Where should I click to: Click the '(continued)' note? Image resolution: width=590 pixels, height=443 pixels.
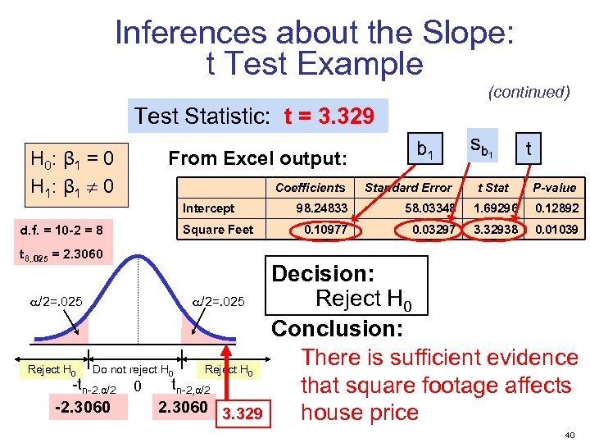click(529, 92)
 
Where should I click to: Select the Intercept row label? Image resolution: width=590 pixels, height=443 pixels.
click(208, 208)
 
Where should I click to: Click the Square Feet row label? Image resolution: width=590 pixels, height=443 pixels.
click(218, 229)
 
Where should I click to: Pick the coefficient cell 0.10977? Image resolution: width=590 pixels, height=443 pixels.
click(325, 229)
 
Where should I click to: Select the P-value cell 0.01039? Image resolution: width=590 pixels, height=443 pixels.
click(556, 229)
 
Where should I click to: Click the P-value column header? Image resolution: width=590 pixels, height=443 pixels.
click(555, 188)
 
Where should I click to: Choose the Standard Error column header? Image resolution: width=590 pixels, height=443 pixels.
click(408, 188)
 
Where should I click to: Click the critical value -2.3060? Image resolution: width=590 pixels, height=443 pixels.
click(80, 407)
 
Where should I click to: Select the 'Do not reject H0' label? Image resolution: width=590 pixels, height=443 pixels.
click(133, 370)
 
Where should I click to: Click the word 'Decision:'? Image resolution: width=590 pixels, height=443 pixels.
click(322, 273)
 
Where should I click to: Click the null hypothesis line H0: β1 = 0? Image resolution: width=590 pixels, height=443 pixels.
click(71, 157)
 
